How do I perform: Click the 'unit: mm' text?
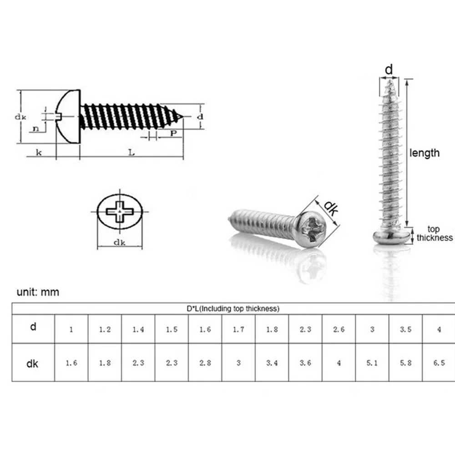[x=38, y=292]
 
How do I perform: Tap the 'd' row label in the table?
[x=33, y=327]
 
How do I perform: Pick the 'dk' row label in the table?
[x=33, y=363]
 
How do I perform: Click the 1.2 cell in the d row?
[x=105, y=329]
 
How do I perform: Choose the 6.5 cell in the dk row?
[x=439, y=363]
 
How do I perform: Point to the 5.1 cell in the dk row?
[x=372, y=363]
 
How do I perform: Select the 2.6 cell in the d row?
[x=339, y=329]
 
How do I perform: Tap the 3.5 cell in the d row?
[x=405, y=329]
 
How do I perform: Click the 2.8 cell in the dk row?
[x=205, y=363]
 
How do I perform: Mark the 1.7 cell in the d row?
[x=238, y=329]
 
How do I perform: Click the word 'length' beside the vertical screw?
[x=425, y=153]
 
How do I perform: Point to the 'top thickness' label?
[x=435, y=233]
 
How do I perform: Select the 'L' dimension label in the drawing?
[x=131, y=153]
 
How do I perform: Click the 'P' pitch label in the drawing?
[x=173, y=133]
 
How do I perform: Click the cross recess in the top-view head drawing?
[x=120, y=212]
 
